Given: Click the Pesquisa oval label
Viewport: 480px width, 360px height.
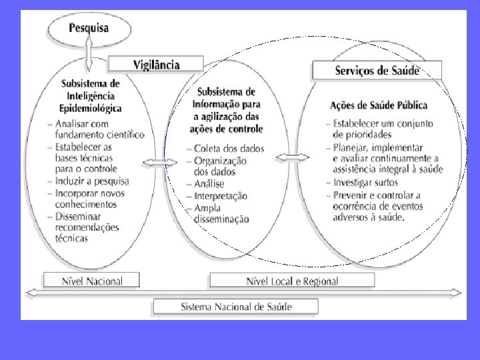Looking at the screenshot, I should point(89,30).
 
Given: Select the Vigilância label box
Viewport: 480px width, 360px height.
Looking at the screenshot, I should point(157,64).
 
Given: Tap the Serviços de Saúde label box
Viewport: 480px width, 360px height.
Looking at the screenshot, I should point(377,70).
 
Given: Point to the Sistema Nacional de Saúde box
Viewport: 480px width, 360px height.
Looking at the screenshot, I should point(237,307).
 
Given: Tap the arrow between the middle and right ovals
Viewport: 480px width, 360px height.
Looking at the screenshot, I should point(293,158).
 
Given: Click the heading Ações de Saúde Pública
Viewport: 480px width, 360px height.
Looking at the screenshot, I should point(379,105).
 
